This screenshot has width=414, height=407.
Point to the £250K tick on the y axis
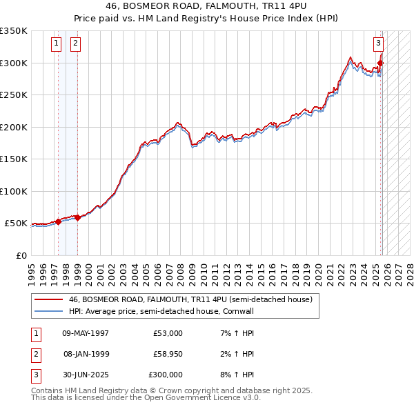(x=14, y=95)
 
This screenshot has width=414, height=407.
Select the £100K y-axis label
(x=14, y=191)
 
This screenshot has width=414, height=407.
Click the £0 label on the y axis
(x=21, y=255)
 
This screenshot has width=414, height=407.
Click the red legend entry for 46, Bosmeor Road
(x=190, y=299)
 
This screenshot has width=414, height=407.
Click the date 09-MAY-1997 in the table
(x=85, y=333)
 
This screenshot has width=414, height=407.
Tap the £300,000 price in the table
(x=166, y=375)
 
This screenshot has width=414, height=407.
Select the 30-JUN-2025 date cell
(x=85, y=375)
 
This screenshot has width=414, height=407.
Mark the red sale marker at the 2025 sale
(x=380, y=63)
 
